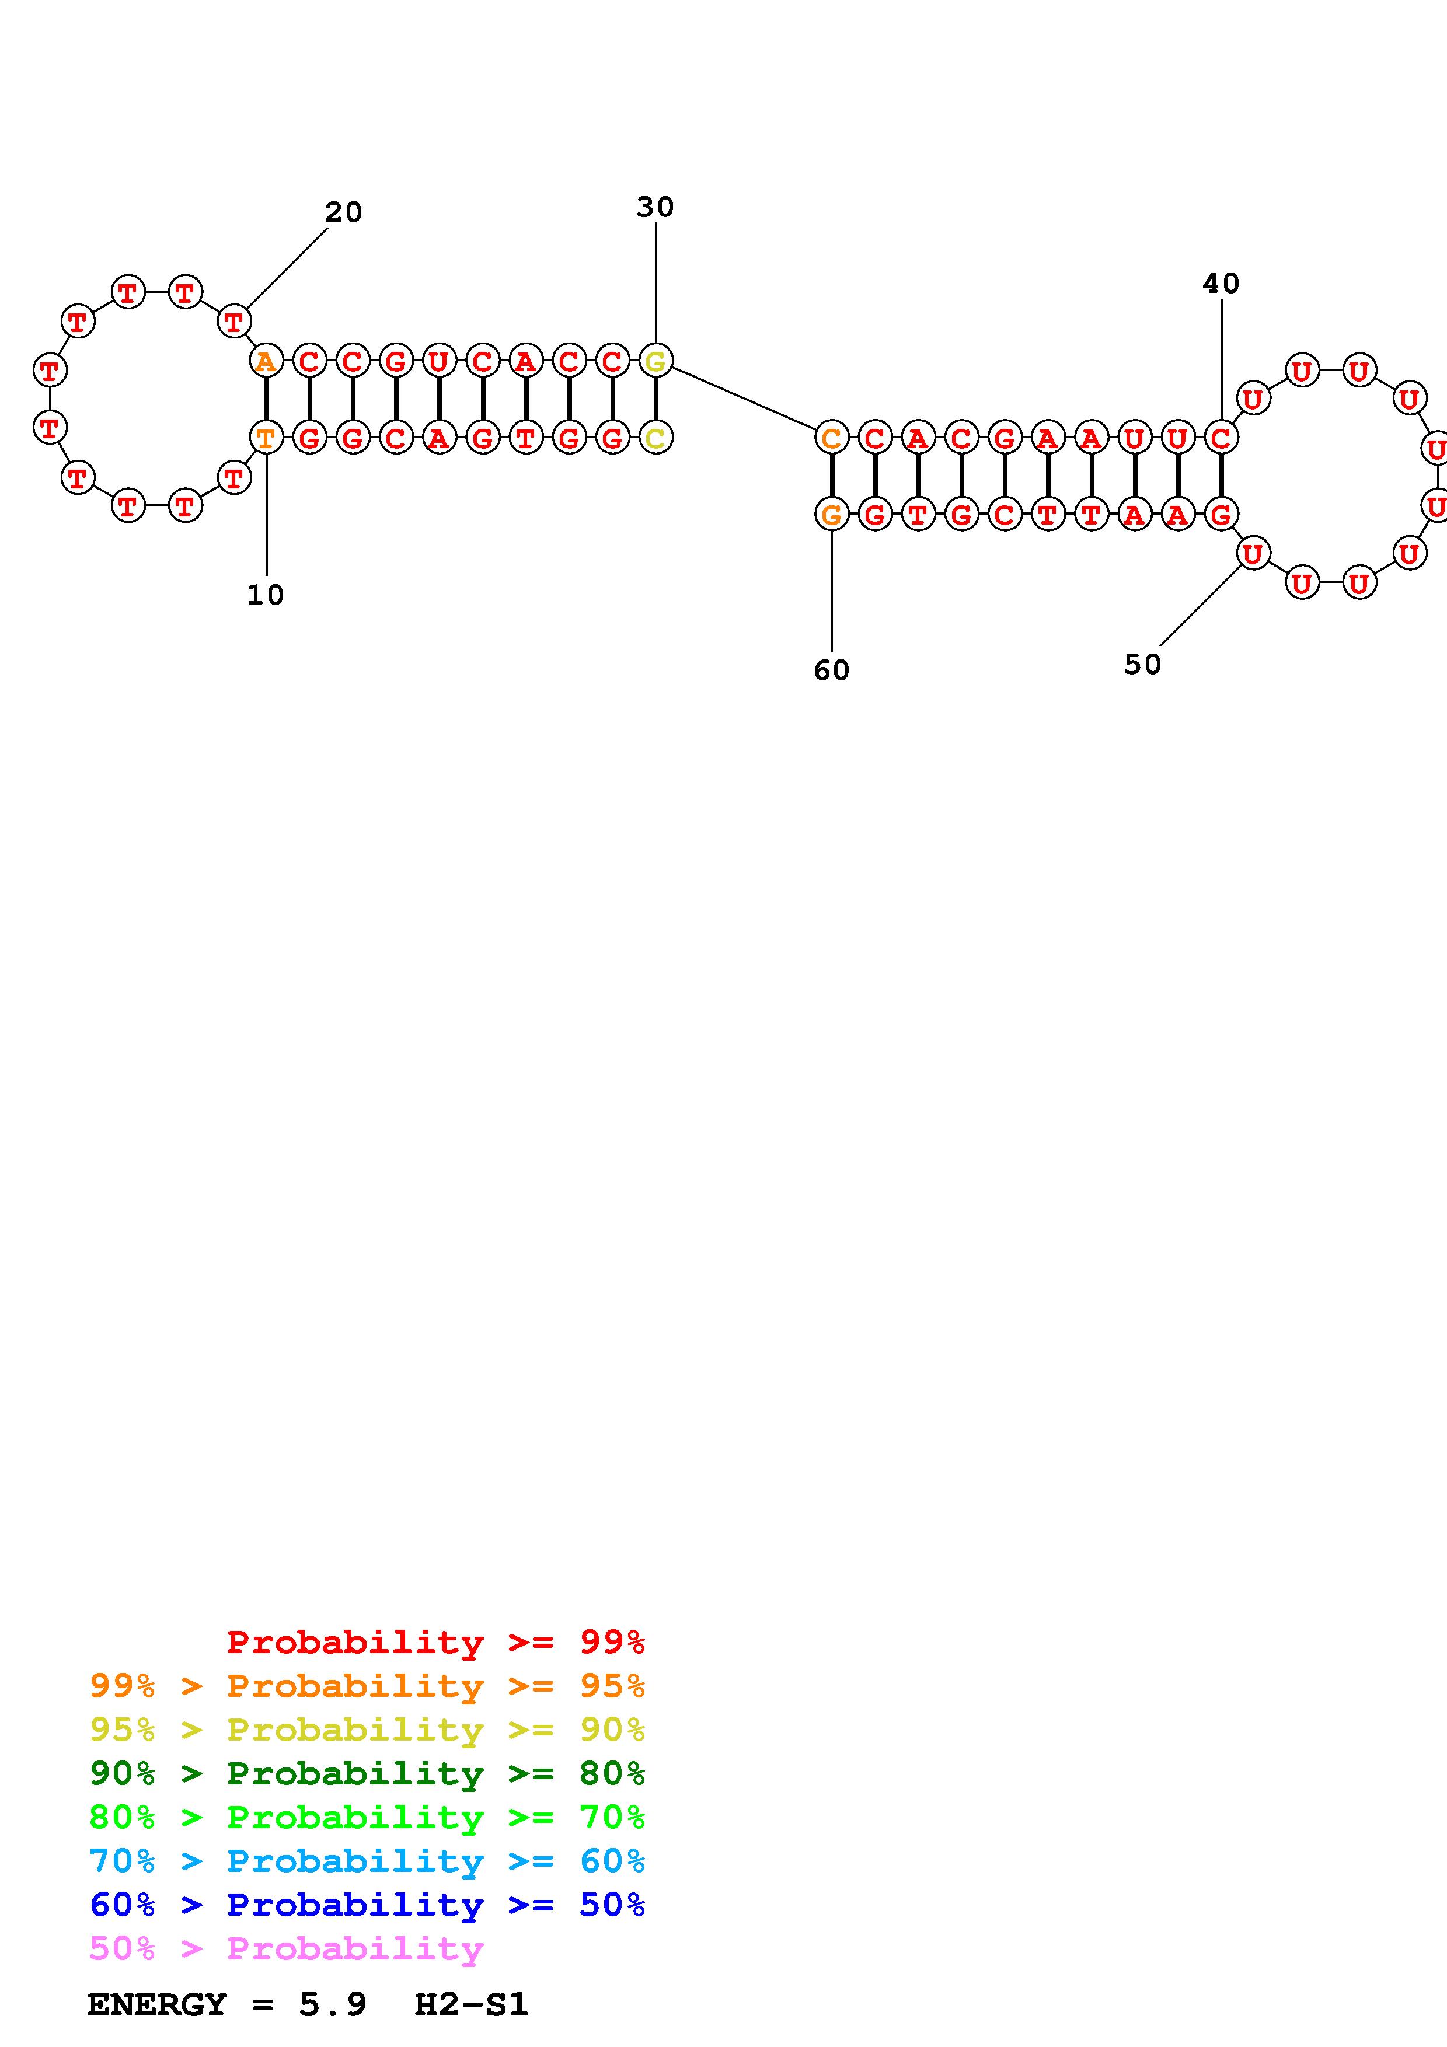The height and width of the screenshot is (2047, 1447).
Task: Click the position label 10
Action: pos(265,595)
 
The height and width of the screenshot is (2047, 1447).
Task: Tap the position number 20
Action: pos(343,212)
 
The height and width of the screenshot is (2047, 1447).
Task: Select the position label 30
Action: pos(655,207)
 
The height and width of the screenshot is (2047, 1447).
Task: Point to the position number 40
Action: pos(1221,284)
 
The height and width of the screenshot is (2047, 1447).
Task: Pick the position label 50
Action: pos(1142,664)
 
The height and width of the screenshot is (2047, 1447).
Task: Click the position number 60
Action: pos(831,669)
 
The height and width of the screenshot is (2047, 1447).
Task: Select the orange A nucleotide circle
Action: pos(266,361)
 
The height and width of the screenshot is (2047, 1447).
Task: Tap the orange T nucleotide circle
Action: pos(266,438)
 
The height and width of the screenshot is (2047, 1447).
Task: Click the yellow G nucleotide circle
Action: pos(656,361)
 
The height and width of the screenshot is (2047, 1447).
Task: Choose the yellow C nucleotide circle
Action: pos(656,438)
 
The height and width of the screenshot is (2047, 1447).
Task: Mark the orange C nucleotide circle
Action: pos(831,438)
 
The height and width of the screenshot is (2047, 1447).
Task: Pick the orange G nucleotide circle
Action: pos(831,515)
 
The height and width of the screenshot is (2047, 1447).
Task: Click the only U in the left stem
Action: pos(438,361)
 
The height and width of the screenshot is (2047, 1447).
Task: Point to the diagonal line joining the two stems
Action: pos(744,399)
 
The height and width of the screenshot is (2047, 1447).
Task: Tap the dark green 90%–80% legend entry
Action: pos(367,1773)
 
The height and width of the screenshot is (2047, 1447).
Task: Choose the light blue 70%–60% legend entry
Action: pos(367,1861)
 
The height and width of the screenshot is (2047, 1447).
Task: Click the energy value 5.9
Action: pos(333,2004)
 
